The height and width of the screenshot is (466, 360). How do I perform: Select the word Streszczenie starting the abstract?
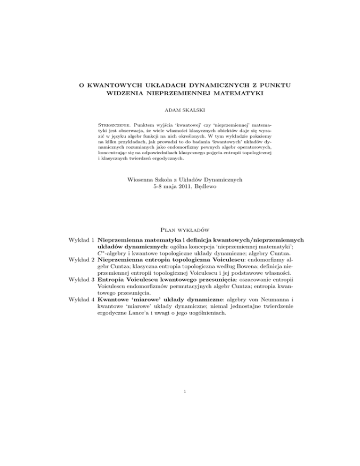(113, 126)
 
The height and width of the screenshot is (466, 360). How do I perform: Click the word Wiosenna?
(142, 179)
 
